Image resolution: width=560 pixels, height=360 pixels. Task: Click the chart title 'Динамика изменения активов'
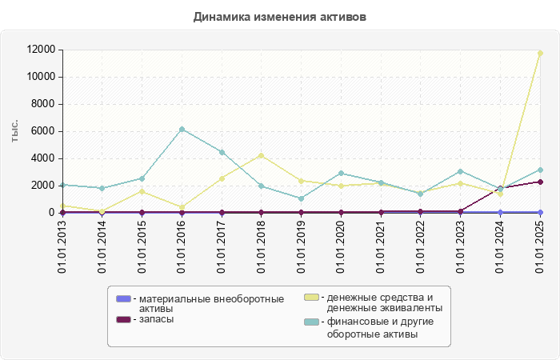click(280, 17)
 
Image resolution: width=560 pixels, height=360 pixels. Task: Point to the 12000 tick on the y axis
click(40, 50)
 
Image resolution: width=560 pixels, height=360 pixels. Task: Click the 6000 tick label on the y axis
click(43, 131)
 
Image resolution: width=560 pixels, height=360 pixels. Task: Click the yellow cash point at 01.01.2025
click(540, 53)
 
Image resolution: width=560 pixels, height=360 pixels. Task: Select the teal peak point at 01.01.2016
click(182, 129)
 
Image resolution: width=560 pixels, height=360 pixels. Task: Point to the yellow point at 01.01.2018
click(262, 155)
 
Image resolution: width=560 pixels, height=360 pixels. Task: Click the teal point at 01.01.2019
click(302, 198)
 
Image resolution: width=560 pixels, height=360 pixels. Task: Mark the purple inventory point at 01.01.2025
click(540, 182)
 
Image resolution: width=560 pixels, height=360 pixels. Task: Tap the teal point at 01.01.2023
click(461, 171)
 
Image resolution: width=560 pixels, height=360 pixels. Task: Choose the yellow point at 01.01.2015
click(142, 191)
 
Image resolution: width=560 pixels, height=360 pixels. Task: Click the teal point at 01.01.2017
click(222, 152)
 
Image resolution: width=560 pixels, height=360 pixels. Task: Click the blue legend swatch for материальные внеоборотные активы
click(123, 298)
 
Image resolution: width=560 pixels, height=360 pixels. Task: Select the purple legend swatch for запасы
click(123, 319)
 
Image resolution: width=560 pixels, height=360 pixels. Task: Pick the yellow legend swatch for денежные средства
click(311, 298)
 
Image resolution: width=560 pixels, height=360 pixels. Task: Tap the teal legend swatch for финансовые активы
click(311, 322)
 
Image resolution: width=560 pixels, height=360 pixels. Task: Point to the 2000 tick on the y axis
click(43, 186)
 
